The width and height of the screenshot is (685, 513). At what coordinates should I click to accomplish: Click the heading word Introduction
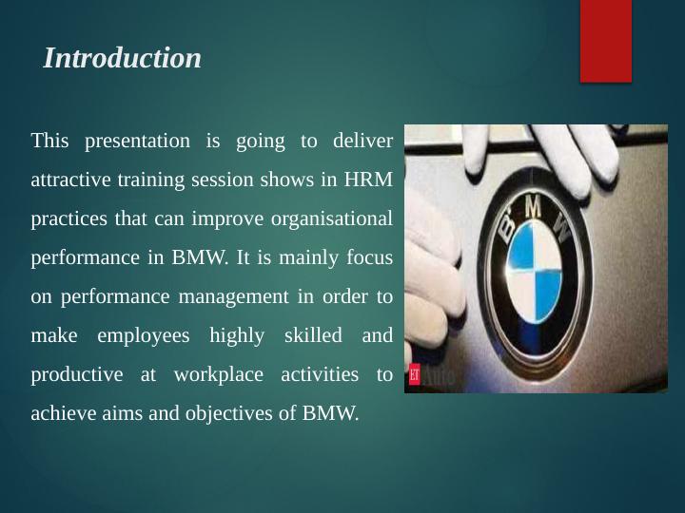(x=123, y=59)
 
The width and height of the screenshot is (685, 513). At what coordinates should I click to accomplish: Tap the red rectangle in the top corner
(x=606, y=40)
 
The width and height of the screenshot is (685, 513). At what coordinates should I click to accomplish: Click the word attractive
(x=68, y=180)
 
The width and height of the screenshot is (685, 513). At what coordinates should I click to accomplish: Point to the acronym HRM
(x=369, y=180)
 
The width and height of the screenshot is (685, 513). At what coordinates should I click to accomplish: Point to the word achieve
(x=61, y=414)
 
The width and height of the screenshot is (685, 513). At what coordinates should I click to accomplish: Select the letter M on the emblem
(x=534, y=201)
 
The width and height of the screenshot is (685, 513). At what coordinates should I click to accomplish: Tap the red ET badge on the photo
(x=414, y=374)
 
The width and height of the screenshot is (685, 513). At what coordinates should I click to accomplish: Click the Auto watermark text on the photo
(x=440, y=377)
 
